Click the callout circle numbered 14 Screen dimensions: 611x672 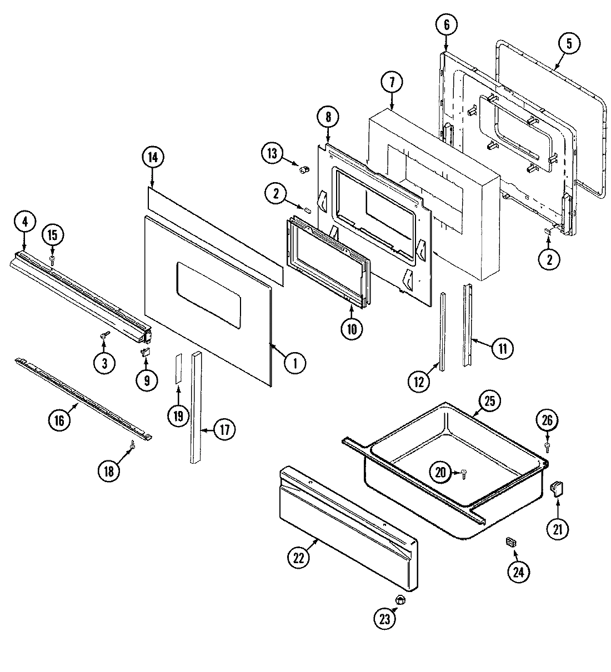[153, 157]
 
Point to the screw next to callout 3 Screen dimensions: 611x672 [104, 335]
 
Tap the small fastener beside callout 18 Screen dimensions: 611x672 [133, 444]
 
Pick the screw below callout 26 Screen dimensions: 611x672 [548, 445]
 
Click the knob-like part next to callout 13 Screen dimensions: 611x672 [303, 169]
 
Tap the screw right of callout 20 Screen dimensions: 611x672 [464, 473]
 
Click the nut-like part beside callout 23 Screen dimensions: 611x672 [399, 600]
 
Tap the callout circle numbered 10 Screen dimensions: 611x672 [352, 328]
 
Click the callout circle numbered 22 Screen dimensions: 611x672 [299, 559]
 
